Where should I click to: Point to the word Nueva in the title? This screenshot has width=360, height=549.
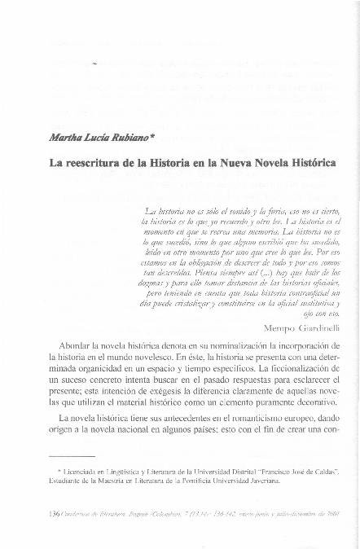pyautogui.click(x=232, y=163)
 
